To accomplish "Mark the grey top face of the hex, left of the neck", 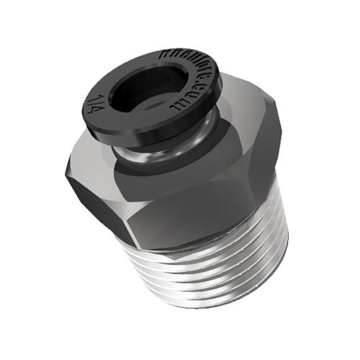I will [x=94, y=148].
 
